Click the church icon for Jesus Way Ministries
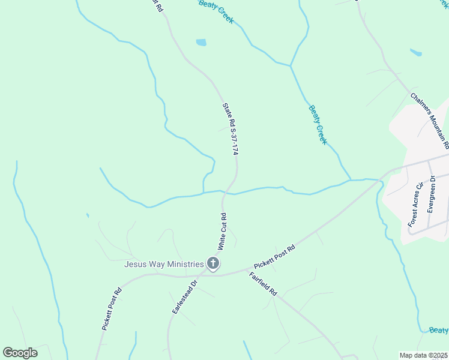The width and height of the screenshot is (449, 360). pyautogui.click(x=212, y=263)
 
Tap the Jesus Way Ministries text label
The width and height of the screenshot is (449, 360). pyautogui.click(x=163, y=263)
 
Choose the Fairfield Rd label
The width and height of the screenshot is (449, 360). pyautogui.click(x=263, y=284)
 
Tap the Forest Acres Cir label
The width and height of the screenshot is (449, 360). pyautogui.click(x=415, y=205)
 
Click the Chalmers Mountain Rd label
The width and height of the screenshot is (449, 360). pyautogui.click(x=430, y=120)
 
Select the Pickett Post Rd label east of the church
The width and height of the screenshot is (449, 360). pyautogui.click(x=274, y=257)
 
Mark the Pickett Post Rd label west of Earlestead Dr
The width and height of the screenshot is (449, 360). pyautogui.click(x=112, y=309)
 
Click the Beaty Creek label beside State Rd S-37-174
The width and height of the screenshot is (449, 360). pyautogui.click(x=318, y=125)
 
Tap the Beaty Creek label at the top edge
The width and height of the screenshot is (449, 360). pyautogui.click(x=216, y=11)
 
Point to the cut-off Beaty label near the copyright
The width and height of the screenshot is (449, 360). pyautogui.click(x=439, y=331)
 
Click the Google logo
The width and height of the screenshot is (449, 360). pyautogui.click(x=20, y=352)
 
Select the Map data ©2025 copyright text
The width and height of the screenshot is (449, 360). pyautogui.click(x=424, y=355)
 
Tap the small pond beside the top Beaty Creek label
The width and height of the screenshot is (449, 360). pyautogui.click(x=201, y=43)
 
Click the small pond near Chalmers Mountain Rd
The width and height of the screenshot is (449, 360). pyautogui.click(x=415, y=52)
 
